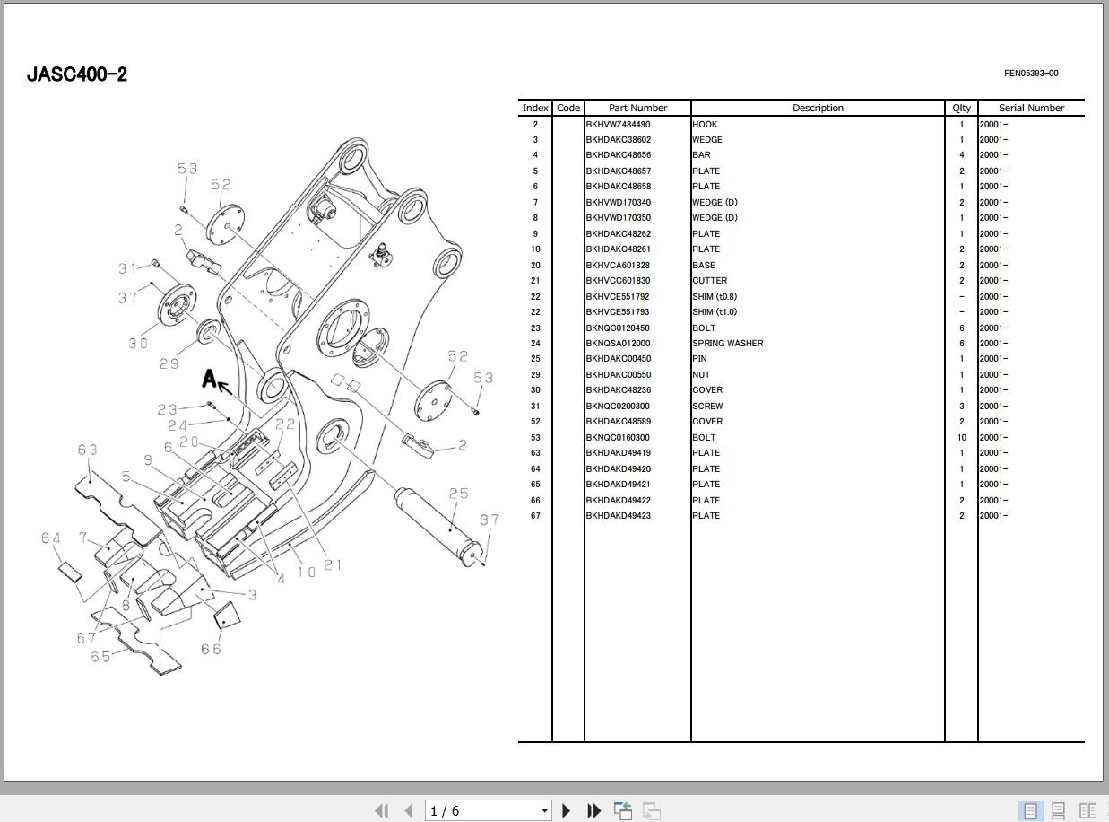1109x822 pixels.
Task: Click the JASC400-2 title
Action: click(x=77, y=74)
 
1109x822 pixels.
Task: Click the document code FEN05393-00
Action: click(x=1031, y=74)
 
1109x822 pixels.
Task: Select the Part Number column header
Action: click(x=637, y=108)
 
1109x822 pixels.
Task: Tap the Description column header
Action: click(x=818, y=108)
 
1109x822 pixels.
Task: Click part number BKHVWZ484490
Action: click(x=618, y=125)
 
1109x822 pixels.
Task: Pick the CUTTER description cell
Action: click(x=709, y=281)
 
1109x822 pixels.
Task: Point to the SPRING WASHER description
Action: click(x=727, y=344)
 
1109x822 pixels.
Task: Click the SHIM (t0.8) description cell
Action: click(x=715, y=296)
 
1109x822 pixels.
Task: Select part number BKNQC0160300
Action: click(x=618, y=438)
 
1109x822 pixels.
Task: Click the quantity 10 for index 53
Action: click(x=961, y=438)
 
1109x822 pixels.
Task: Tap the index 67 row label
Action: click(x=535, y=516)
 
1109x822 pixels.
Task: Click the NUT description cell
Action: click(x=701, y=375)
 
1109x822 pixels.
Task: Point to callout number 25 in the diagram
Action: click(x=458, y=494)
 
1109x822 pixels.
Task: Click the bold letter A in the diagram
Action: click(x=210, y=379)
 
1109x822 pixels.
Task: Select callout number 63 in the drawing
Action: click(x=87, y=450)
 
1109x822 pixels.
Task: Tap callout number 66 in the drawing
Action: click(x=211, y=649)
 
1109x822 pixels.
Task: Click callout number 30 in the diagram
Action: click(x=138, y=343)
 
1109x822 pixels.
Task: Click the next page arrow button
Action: click(x=567, y=810)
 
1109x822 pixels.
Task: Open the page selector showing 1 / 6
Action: click(x=489, y=810)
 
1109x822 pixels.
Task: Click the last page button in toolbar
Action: click(x=593, y=810)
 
